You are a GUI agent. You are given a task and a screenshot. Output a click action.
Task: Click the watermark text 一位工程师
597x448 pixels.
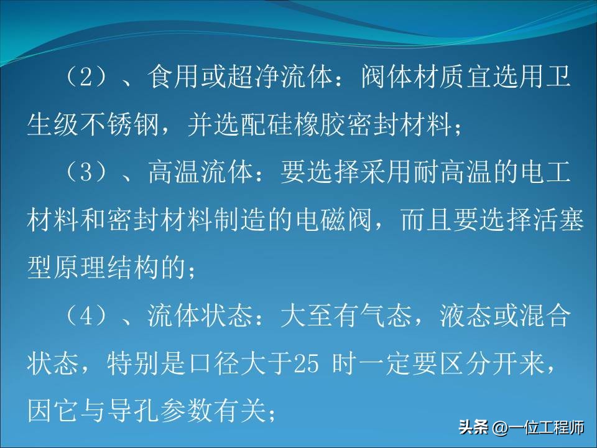click(547, 429)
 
